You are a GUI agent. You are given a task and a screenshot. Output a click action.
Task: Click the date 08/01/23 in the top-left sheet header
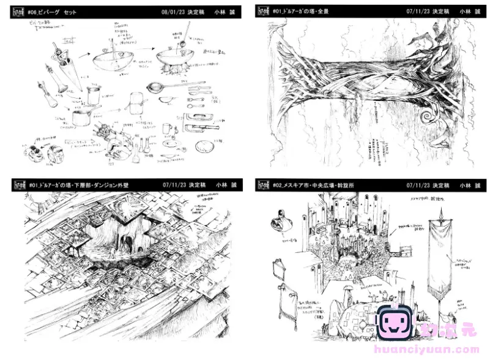[171, 12]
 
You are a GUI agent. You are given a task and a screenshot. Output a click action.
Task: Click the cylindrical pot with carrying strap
[94, 94]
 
